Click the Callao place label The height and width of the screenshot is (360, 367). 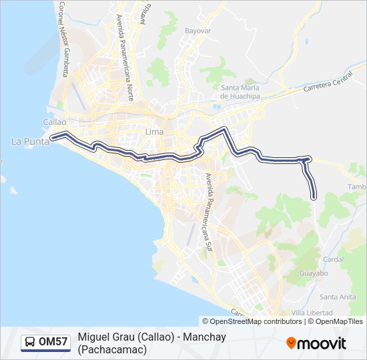pyautogui.click(x=54, y=122)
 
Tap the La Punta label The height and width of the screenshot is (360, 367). pyautogui.click(x=27, y=141)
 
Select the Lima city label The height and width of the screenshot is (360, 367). pyautogui.click(x=154, y=132)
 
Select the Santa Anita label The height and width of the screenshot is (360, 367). pyautogui.click(x=338, y=297)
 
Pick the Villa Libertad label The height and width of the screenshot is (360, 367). pyautogui.click(x=312, y=312)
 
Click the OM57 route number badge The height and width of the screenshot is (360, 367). pyautogui.click(x=53, y=343)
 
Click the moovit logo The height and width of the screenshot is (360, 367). pyautogui.click(x=316, y=343)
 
